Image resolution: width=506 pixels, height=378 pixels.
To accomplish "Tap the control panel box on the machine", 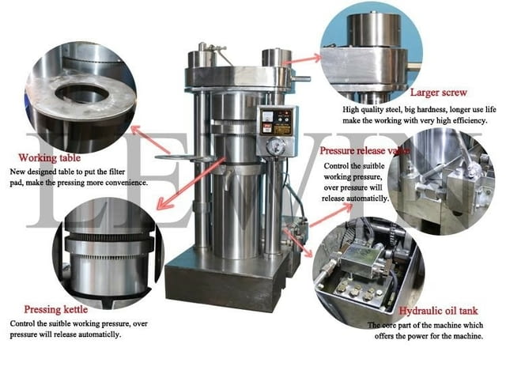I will click(x=279, y=120).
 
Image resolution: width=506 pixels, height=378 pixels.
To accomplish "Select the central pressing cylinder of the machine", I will click(x=236, y=182).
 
